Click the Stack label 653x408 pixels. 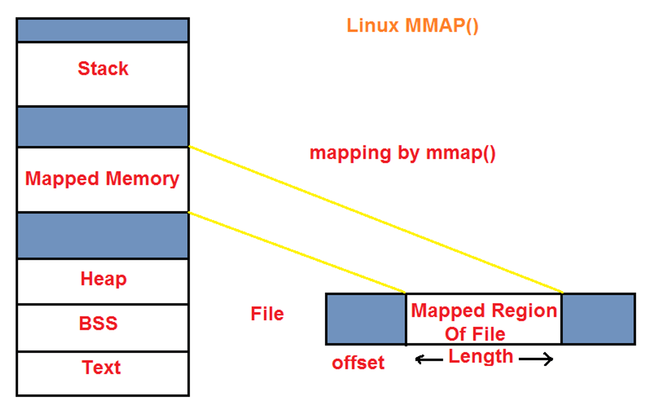point(103,69)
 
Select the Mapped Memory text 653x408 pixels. point(102,179)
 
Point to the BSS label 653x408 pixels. point(98,323)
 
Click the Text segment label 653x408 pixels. point(101,367)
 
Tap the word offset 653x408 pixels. point(358,363)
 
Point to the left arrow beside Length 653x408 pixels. point(429,360)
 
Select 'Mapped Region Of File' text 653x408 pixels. point(483,322)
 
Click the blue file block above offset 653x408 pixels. point(366,319)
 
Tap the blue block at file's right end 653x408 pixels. point(598,319)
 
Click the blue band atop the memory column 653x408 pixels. point(103,30)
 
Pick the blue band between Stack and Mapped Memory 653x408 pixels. point(103,127)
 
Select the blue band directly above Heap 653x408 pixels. point(103,235)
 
